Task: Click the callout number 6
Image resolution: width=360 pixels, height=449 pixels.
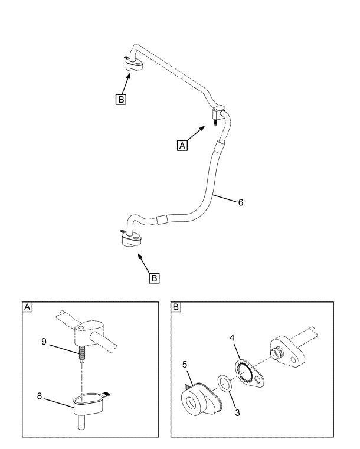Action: click(241, 202)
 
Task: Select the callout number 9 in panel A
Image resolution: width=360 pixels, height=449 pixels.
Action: click(44, 342)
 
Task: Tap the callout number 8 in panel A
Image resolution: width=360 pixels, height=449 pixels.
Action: click(40, 396)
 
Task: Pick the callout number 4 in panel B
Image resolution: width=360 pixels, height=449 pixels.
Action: click(232, 338)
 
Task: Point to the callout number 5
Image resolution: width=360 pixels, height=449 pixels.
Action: click(185, 365)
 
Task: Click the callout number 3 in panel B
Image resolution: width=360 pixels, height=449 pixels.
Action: click(237, 412)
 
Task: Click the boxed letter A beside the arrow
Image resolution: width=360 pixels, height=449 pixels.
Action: click(182, 146)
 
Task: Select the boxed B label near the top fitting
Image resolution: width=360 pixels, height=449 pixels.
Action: click(121, 99)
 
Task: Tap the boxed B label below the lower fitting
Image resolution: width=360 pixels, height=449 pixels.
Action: click(154, 278)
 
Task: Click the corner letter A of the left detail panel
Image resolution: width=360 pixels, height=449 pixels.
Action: click(27, 307)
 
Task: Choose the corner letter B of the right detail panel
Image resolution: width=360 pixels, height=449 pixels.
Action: click(176, 307)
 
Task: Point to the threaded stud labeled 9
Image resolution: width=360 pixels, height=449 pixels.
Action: click(81, 353)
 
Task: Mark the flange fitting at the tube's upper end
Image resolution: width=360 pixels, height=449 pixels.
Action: click(134, 65)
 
